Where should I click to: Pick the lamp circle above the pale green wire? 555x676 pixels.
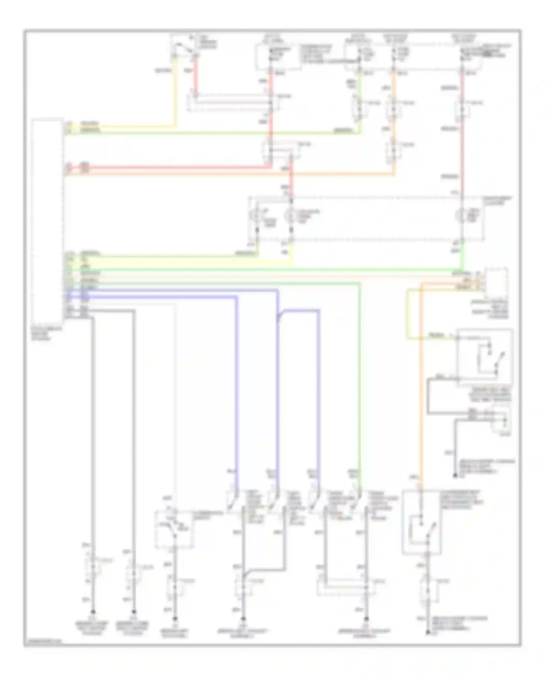pyautogui.click(x=256, y=216)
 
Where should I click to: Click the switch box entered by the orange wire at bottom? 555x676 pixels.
pyautogui.click(x=422, y=521)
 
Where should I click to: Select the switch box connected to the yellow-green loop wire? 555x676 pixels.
pyautogui.click(x=485, y=357)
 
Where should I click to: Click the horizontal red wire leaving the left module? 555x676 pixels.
pyautogui.click(x=166, y=168)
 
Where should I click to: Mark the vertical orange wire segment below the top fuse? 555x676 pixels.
pyautogui.click(x=394, y=85)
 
